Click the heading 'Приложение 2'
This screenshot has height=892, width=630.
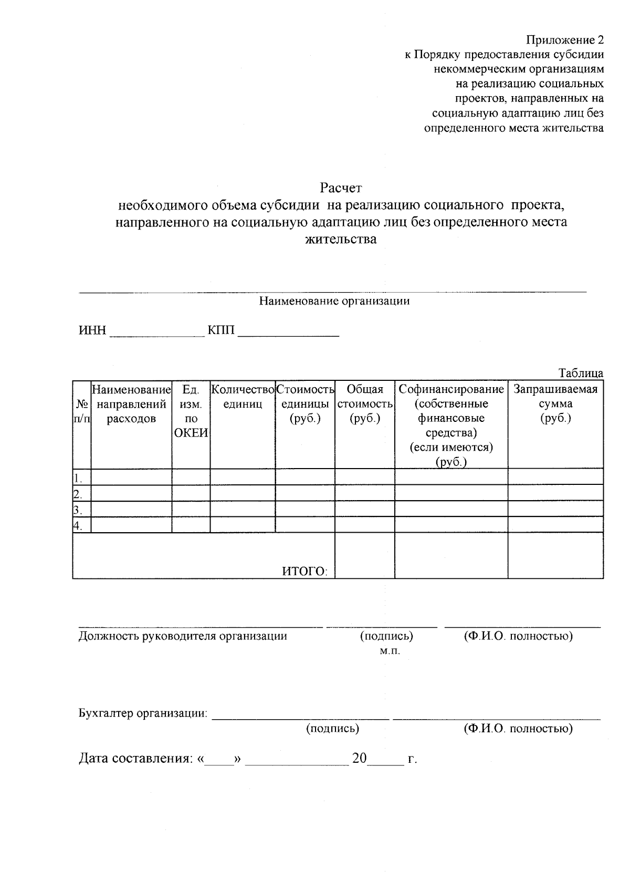click(x=565, y=40)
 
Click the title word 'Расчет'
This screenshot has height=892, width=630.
click(x=341, y=188)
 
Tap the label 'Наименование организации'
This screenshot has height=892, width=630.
click(x=334, y=301)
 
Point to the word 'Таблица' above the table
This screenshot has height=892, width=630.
click(x=581, y=374)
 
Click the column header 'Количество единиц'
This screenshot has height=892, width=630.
click(x=243, y=397)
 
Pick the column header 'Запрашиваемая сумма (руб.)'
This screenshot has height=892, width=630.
click(x=555, y=404)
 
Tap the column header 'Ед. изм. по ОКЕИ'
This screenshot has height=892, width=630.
click(x=191, y=411)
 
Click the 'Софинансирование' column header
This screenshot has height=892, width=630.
click(x=451, y=389)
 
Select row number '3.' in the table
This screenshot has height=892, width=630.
click(x=78, y=510)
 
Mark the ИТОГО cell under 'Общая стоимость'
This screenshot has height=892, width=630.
click(x=364, y=555)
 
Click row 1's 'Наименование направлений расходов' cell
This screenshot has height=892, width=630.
click(x=131, y=477)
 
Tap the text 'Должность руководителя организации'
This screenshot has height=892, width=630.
click(x=183, y=636)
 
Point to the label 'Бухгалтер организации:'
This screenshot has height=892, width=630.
click(x=143, y=713)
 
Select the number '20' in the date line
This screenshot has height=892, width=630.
click(x=360, y=758)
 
